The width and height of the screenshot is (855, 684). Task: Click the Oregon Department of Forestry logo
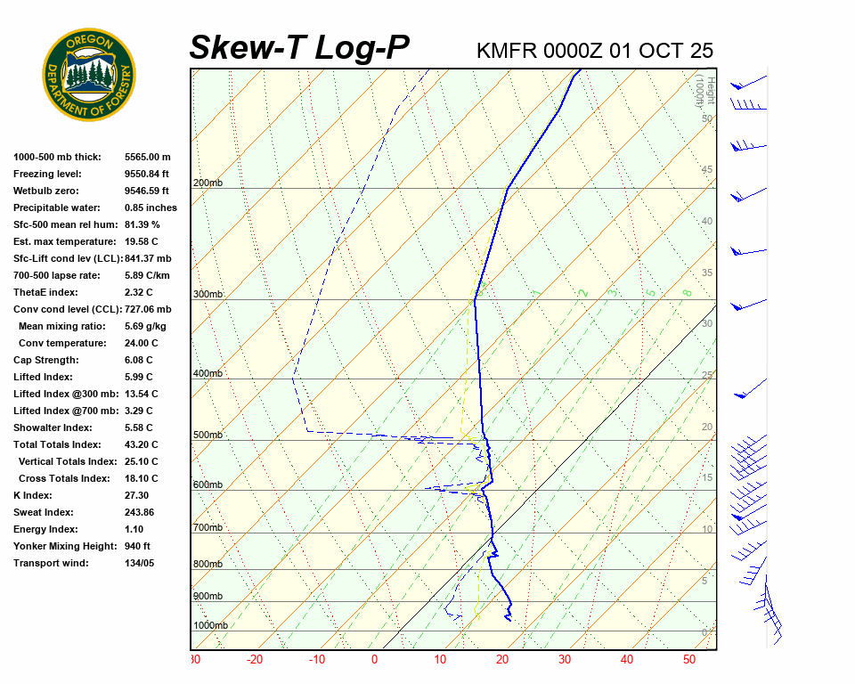pyautogui.click(x=89, y=75)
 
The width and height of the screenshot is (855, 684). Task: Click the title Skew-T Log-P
pyautogui.click(x=299, y=48)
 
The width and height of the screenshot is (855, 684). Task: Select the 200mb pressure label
pyautogui.click(x=208, y=183)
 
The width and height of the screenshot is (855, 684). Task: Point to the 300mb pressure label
pyautogui.click(x=208, y=295)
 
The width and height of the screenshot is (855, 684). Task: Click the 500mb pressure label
pyautogui.click(x=208, y=436)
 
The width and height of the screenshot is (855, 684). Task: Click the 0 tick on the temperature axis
pyautogui.click(x=374, y=660)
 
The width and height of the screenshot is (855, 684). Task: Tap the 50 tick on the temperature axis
pyautogui.click(x=689, y=660)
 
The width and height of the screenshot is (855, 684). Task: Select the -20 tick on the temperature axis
pyautogui.click(x=255, y=660)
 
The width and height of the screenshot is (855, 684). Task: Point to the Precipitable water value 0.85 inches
pyautogui.click(x=151, y=208)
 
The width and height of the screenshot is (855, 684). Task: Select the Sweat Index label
pyautogui.click(x=44, y=512)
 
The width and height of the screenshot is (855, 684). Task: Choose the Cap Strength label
pyautogui.click(x=45, y=360)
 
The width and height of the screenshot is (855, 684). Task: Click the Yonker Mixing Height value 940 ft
pyautogui.click(x=137, y=546)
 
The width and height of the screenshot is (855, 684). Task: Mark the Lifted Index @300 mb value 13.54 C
pyautogui.click(x=142, y=394)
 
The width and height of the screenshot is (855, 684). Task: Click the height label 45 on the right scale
pyautogui.click(x=707, y=170)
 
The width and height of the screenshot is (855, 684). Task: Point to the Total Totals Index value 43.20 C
pyautogui.click(x=142, y=444)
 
